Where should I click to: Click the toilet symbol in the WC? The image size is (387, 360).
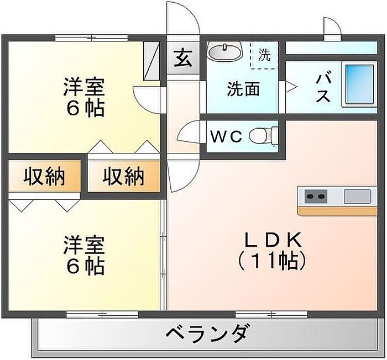264,136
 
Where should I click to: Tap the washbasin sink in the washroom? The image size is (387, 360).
224,51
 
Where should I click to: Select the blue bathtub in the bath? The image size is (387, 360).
359,84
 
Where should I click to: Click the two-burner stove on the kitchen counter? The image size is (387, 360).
316,196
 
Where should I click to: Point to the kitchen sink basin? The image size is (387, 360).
357,196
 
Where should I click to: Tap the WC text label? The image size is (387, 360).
226,137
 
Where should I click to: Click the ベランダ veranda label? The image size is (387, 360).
206,334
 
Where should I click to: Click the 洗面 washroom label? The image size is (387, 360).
243,89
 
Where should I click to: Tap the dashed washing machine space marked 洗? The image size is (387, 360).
264,55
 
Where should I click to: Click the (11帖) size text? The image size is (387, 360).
271,261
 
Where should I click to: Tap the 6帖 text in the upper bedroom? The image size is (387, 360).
85,109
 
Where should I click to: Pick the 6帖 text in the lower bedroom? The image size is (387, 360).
85,267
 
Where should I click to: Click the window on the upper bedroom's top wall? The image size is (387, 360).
91,38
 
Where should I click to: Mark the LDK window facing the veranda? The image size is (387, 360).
271,314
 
